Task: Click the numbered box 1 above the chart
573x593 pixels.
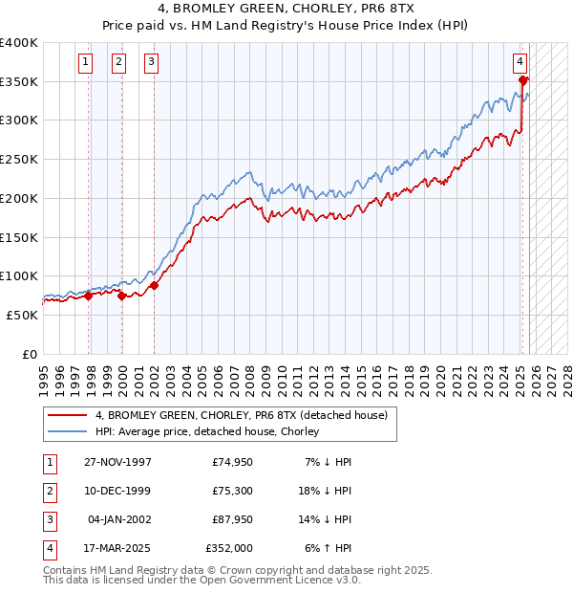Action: click(85, 63)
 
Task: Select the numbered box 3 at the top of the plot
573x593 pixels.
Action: click(151, 63)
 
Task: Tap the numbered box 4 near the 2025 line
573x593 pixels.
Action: click(520, 63)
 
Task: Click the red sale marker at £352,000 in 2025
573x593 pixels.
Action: click(523, 80)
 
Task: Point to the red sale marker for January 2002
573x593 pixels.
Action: click(154, 285)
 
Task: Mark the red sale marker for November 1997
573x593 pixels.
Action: click(89, 296)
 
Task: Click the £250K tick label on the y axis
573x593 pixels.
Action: click(19, 160)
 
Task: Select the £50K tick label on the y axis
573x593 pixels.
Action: click(23, 315)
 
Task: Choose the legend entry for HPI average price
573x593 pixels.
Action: click(206, 431)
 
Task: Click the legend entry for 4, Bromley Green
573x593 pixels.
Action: click(241, 415)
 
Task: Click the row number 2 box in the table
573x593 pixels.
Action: click(48, 491)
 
